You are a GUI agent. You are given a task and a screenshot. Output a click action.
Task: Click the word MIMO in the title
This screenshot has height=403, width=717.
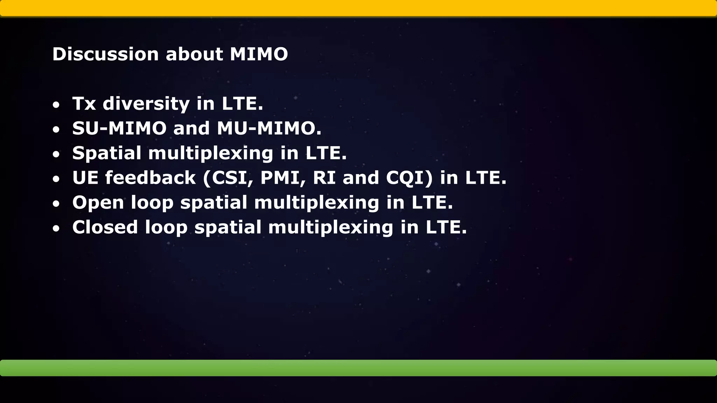259,55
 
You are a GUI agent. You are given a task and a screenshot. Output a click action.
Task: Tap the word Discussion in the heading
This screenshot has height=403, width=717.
105,55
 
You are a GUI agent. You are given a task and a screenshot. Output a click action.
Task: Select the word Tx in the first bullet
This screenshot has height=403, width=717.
84,104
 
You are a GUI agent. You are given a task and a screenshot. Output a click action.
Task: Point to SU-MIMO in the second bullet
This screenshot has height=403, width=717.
119,128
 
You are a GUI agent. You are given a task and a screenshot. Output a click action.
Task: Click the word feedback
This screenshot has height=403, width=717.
150,178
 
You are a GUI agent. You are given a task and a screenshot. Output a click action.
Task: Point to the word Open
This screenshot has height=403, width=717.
98,203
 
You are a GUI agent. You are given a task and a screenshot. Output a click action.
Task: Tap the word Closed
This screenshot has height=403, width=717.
105,227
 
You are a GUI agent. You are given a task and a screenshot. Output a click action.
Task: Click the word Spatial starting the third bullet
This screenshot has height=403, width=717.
107,154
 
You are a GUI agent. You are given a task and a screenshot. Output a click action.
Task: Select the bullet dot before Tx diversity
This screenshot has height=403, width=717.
56,105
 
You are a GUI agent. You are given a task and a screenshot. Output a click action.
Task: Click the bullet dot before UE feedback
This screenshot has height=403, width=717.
56,179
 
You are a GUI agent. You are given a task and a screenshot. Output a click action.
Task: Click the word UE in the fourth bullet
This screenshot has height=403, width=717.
85,178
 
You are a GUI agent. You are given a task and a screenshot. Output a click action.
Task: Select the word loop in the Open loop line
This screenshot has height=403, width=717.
152,203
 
